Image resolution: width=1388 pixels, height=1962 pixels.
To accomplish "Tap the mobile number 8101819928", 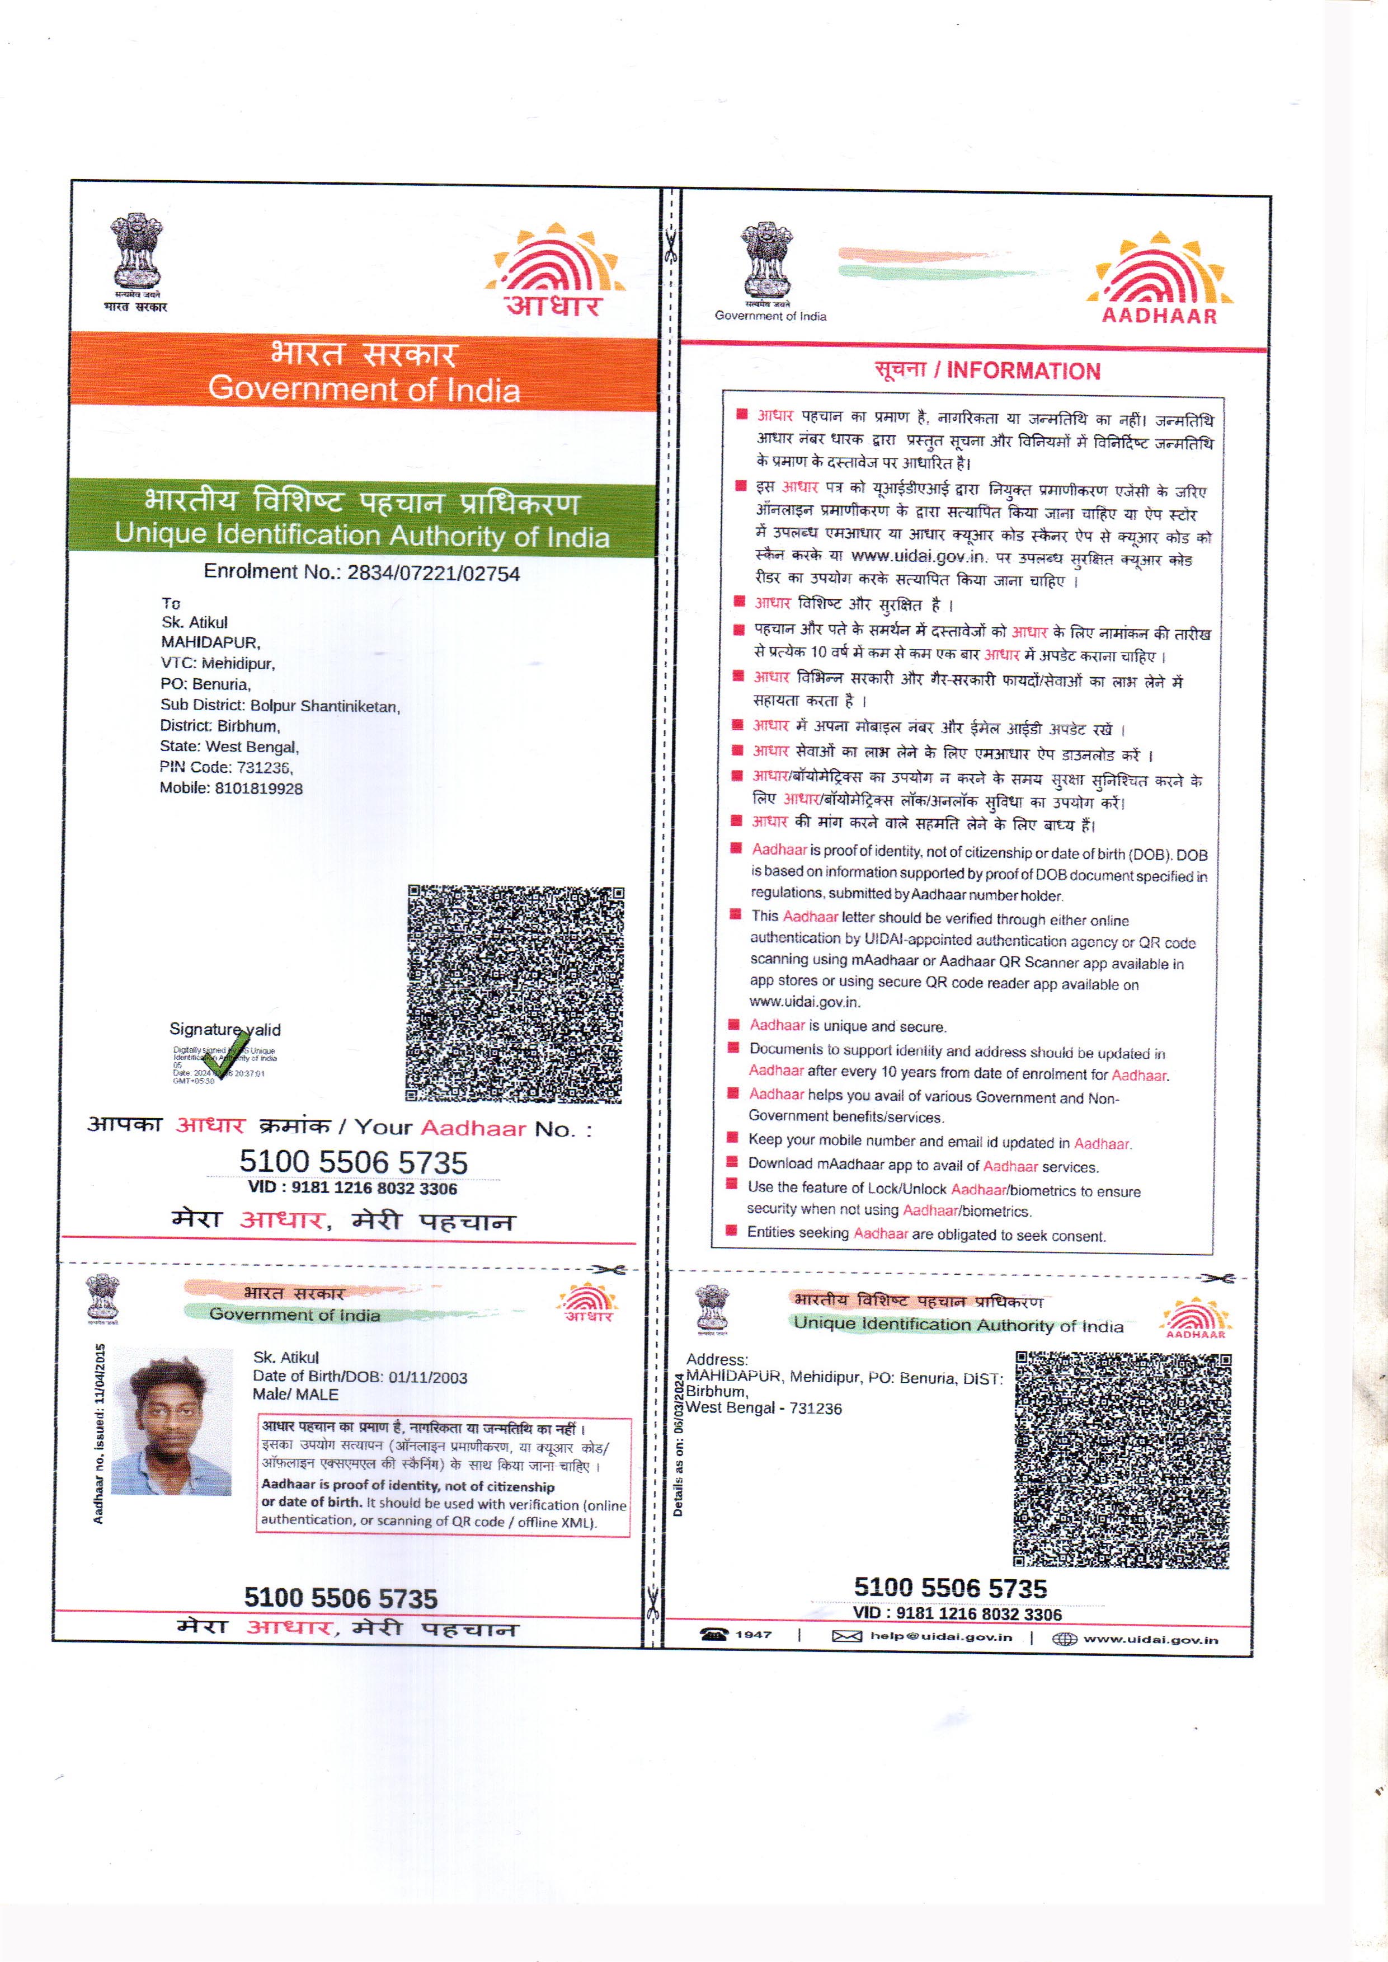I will click(258, 788).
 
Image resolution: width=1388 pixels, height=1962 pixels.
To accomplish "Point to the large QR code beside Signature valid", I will click(515, 993).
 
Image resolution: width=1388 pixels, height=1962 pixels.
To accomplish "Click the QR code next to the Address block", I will click(1122, 1459).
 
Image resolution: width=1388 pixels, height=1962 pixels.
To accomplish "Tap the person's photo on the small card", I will click(172, 1421).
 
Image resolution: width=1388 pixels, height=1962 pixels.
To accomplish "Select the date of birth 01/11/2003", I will click(427, 1377).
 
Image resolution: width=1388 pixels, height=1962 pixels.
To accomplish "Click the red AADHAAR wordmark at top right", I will click(1159, 316).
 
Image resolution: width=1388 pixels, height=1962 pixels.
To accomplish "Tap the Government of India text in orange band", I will click(364, 389).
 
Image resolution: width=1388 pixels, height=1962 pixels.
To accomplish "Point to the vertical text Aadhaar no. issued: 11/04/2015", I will click(99, 1434).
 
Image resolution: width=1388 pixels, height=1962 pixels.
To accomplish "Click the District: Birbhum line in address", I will click(220, 726).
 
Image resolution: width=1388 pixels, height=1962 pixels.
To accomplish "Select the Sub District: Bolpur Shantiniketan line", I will click(280, 705).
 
